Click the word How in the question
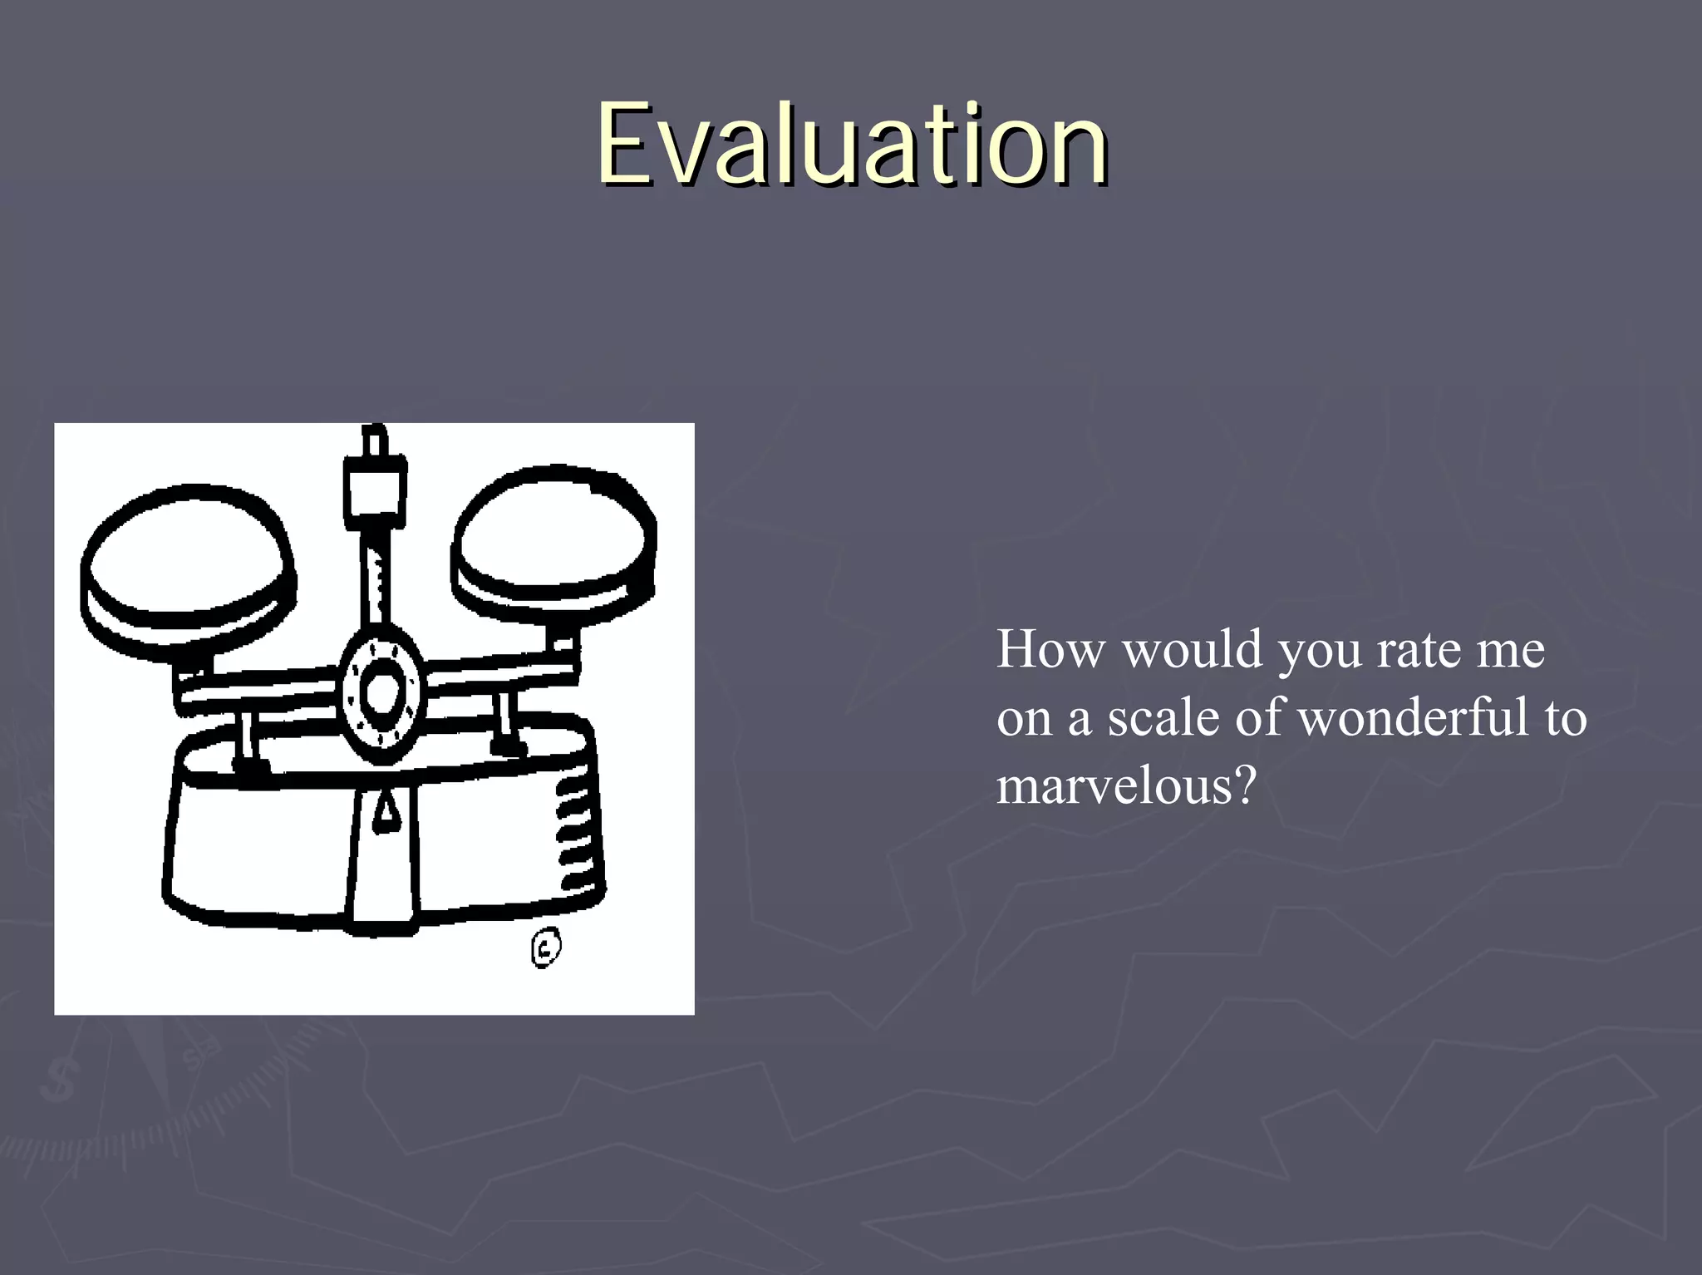(x=1050, y=649)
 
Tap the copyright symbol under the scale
(x=545, y=948)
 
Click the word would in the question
(x=1193, y=649)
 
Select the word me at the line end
(x=1510, y=649)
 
